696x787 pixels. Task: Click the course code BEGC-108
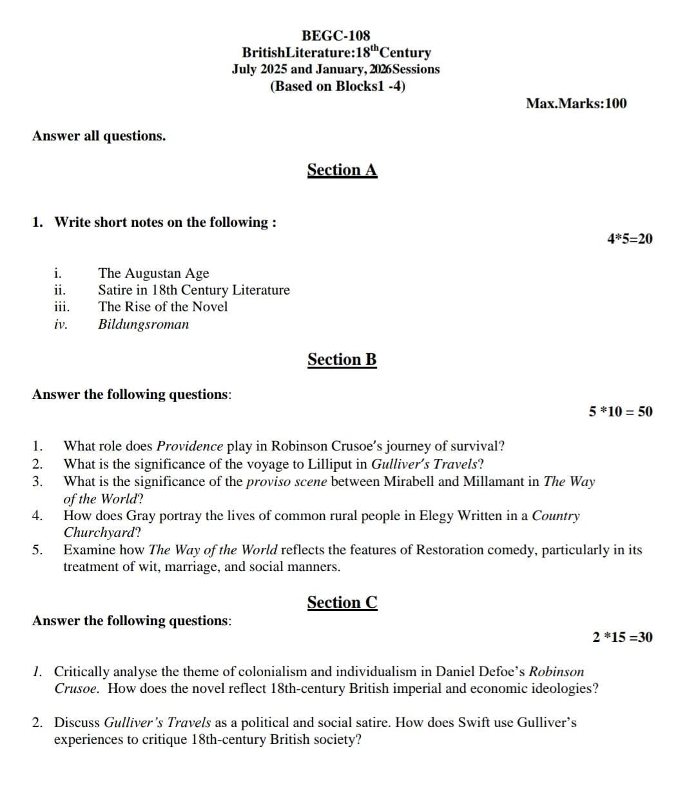(336, 35)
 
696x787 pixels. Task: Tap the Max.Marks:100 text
(575, 104)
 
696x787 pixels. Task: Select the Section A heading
(342, 170)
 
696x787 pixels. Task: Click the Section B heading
(342, 360)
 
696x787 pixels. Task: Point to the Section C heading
(342, 603)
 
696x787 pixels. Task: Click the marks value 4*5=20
(629, 239)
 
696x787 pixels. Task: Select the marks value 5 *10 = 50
(620, 412)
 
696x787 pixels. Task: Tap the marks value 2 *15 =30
(622, 637)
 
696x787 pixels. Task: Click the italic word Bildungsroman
(143, 324)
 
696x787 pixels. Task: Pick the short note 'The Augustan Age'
(153, 273)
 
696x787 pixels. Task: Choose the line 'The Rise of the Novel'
(162, 307)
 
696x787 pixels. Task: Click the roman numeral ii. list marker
(59, 290)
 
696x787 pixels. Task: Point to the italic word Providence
(190, 446)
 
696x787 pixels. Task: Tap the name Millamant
(503, 481)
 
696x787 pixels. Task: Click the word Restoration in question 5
(449, 550)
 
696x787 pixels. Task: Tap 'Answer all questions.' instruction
(99, 136)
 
